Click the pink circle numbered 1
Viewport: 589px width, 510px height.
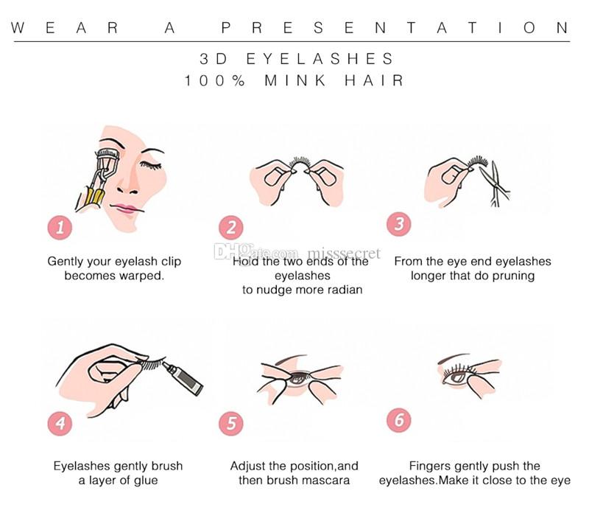(60, 228)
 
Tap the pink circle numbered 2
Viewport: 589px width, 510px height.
(231, 228)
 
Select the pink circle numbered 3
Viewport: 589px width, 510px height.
(398, 225)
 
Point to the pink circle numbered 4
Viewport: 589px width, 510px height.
(60, 424)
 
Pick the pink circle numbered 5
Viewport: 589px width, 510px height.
(231, 424)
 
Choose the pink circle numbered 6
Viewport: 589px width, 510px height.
(398, 420)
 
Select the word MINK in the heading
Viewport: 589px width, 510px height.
(295, 81)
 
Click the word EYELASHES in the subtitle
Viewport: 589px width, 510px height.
(320, 59)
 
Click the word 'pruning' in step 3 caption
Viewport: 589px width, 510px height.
(512, 276)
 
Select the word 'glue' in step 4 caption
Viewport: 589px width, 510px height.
(145, 481)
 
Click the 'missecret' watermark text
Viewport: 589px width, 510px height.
(344, 253)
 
